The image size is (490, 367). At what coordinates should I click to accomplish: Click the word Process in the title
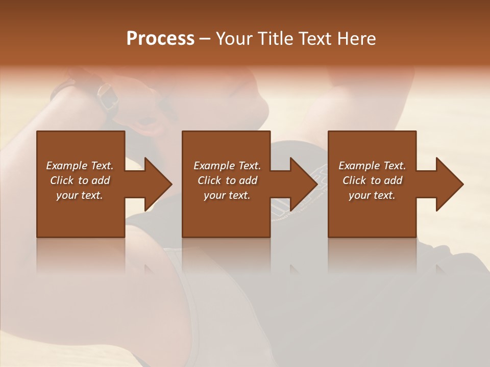coord(160,39)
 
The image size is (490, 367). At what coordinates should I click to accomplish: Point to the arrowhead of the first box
coord(158,184)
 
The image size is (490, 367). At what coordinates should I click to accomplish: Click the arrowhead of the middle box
coord(304,184)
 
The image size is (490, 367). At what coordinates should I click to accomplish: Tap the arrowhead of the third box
coord(450,184)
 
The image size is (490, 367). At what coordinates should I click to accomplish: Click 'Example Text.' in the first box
coord(80,166)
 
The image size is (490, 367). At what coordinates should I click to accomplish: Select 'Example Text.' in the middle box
coord(227,166)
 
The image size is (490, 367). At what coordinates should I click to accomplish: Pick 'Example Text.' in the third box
coord(372,166)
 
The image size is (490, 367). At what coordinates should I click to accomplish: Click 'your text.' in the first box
coord(80,195)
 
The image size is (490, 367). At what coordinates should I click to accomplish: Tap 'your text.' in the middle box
coord(227,195)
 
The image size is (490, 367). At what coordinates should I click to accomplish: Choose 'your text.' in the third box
coord(372,195)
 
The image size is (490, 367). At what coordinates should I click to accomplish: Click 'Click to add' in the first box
coord(80,180)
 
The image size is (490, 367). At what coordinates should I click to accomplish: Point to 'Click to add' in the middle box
coord(227,180)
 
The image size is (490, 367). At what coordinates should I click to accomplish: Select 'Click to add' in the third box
coord(372,180)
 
